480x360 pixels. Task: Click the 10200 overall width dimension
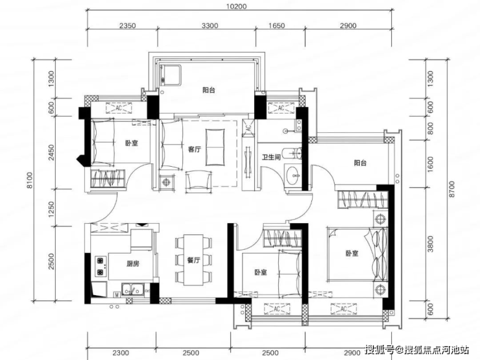pyautogui.click(x=237, y=6)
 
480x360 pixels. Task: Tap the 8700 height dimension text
pyautogui.click(x=452, y=189)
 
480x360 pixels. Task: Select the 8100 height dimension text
pyautogui.click(x=30, y=180)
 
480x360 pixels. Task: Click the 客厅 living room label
pyautogui.click(x=195, y=150)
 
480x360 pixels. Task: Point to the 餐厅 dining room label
pyautogui.click(x=193, y=260)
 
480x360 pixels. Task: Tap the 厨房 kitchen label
pyautogui.click(x=133, y=263)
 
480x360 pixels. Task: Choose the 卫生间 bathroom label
pyautogui.click(x=271, y=158)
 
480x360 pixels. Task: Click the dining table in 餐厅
pyautogui.click(x=193, y=260)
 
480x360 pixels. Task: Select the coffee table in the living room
pyautogui.click(x=215, y=147)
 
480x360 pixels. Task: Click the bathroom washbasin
pyautogui.click(x=293, y=175)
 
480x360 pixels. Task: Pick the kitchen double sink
pyautogui.click(x=133, y=289)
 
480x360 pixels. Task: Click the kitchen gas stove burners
pyautogui.click(x=101, y=267)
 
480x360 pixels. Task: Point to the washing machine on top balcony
pyautogui.click(x=171, y=75)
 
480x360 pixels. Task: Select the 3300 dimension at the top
pyautogui.click(x=210, y=26)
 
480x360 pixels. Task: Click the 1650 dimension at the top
pyautogui.click(x=276, y=26)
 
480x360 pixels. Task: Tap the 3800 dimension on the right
pyautogui.click(x=431, y=244)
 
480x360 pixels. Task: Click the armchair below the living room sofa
pyautogui.click(x=198, y=180)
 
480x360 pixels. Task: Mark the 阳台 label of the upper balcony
pyautogui.click(x=209, y=90)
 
